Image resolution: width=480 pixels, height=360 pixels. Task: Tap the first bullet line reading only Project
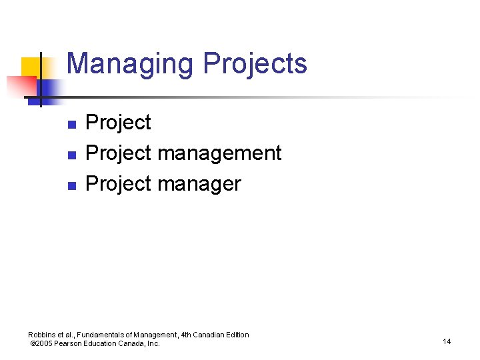tap(119, 123)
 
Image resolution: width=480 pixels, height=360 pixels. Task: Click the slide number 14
tap(446, 341)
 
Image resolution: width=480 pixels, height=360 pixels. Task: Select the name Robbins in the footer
tap(42, 335)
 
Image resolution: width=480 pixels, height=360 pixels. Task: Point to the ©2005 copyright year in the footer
tap(41, 343)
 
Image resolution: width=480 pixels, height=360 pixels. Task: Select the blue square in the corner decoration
tap(48, 88)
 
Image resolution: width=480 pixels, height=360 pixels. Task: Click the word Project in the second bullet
tap(119, 153)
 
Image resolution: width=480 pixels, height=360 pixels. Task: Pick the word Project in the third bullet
tap(119, 183)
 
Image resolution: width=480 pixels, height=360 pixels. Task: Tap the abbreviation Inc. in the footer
tap(153, 343)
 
